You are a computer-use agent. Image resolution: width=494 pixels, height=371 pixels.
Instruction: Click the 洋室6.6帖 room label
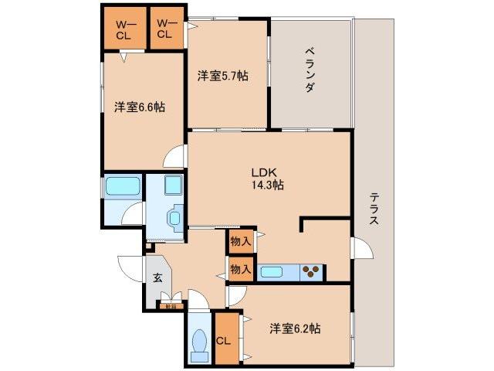[x=140, y=107]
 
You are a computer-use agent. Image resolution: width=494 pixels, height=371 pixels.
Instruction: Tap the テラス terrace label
[x=374, y=208]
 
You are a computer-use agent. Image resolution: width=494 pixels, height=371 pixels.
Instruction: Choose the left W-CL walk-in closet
[x=125, y=29]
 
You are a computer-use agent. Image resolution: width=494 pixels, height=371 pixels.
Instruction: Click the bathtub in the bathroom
[x=122, y=186]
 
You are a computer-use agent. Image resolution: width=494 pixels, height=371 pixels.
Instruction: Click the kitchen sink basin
[x=274, y=271]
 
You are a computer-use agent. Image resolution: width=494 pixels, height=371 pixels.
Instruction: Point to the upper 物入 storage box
[x=240, y=241]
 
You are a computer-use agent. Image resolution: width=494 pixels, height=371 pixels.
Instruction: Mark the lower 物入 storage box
[x=240, y=269]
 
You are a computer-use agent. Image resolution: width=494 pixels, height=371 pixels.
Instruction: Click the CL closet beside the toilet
[x=225, y=340]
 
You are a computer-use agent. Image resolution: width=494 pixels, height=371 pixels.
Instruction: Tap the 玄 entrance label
[x=157, y=278]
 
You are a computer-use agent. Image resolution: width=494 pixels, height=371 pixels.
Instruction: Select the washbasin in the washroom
[x=174, y=218]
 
